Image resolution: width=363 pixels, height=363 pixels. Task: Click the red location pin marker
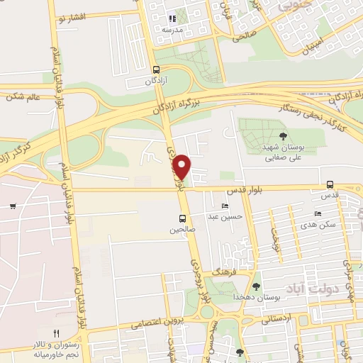[x=182, y=166]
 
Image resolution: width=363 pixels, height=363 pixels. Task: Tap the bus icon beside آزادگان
[x=156, y=69]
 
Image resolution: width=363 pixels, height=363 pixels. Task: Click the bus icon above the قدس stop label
[x=330, y=184]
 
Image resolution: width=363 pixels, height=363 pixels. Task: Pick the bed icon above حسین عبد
[x=225, y=206]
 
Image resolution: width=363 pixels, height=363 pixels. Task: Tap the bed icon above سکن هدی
[x=318, y=213]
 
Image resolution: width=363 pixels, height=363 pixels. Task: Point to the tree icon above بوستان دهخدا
[x=256, y=286]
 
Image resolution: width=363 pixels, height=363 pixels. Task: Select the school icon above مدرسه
[x=171, y=19]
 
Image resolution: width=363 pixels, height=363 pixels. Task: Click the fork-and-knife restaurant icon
[x=57, y=333]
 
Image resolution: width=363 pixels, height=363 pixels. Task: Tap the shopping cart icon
[x=13, y=206]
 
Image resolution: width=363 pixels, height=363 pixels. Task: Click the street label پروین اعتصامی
[x=157, y=323]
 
